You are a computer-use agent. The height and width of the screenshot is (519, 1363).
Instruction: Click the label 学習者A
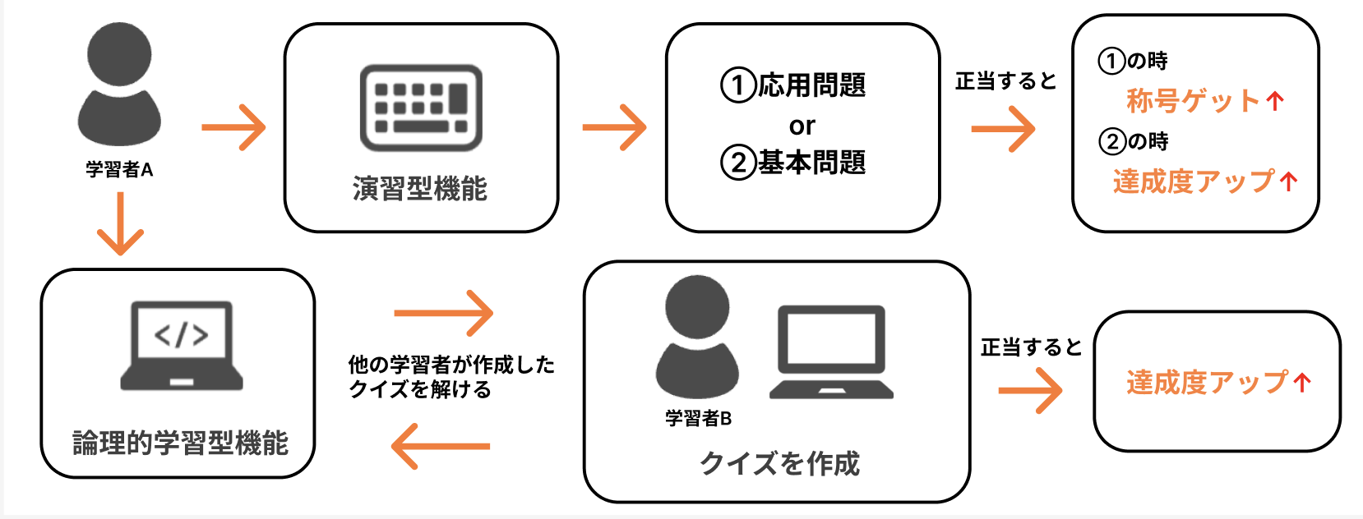click(x=119, y=170)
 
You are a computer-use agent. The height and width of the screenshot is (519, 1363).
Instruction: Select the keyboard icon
click(x=421, y=108)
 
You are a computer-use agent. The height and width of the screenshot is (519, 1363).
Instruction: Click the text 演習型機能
click(x=420, y=189)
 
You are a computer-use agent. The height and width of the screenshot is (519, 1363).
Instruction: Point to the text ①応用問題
click(x=793, y=85)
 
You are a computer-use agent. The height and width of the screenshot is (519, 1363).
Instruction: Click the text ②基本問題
click(x=793, y=163)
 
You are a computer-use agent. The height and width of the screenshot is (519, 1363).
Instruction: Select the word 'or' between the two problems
click(x=802, y=126)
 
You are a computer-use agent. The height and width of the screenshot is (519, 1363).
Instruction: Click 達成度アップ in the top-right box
click(x=1194, y=181)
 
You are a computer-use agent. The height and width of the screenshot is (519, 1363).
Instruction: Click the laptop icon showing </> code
click(x=182, y=345)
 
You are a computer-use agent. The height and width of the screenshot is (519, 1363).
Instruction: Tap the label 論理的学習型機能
click(x=181, y=443)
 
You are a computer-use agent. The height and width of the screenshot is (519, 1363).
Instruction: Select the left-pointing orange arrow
click(x=441, y=447)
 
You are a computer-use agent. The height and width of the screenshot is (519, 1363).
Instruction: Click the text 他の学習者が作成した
click(x=451, y=364)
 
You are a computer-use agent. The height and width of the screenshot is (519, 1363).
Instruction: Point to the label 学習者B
click(x=698, y=419)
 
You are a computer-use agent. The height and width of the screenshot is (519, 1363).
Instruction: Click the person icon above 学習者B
click(x=697, y=337)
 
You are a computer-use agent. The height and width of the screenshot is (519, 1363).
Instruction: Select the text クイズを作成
click(x=779, y=464)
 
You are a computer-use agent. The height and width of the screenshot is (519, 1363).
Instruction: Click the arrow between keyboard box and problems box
click(x=614, y=127)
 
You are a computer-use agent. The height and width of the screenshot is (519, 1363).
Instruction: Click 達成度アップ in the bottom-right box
click(x=1207, y=383)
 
